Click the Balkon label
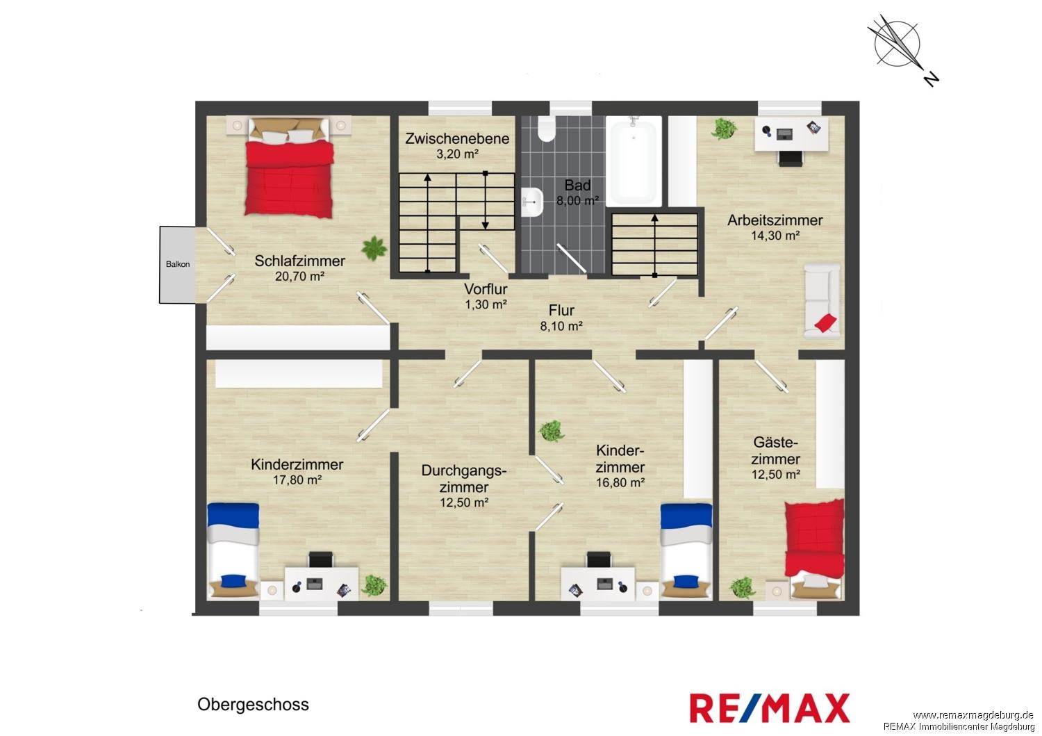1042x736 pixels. pyautogui.click(x=178, y=264)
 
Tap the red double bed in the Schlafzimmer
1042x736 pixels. pyautogui.click(x=290, y=167)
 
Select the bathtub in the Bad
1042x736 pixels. pyautogui.click(x=633, y=161)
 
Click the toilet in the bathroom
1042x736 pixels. pyautogui.click(x=547, y=129)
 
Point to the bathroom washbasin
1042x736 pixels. pyautogui.click(x=532, y=202)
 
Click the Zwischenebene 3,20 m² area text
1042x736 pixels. pyautogui.click(x=457, y=154)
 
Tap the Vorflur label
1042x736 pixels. pyautogui.click(x=486, y=289)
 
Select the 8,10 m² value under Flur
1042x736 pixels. pyautogui.click(x=561, y=327)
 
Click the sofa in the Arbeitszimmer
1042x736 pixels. pyautogui.click(x=822, y=301)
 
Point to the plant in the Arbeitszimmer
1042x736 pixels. pyautogui.click(x=724, y=129)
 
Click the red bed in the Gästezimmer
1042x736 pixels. pyautogui.click(x=815, y=549)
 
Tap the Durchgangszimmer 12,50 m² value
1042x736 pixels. pyautogui.click(x=464, y=502)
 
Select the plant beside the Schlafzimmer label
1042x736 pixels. pyautogui.click(x=374, y=249)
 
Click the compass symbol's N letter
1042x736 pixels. pyautogui.click(x=931, y=80)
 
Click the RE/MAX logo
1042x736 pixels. pyautogui.click(x=770, y=708)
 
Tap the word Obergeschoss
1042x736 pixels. pyautogui.click(x=253, y=704)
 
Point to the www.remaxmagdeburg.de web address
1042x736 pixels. pyautogui.click(x=973, y=716)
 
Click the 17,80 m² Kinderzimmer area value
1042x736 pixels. pyautogui.click(x=297, y=480)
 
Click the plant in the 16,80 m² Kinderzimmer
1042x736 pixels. pyautogui.click(x=552, y=431)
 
